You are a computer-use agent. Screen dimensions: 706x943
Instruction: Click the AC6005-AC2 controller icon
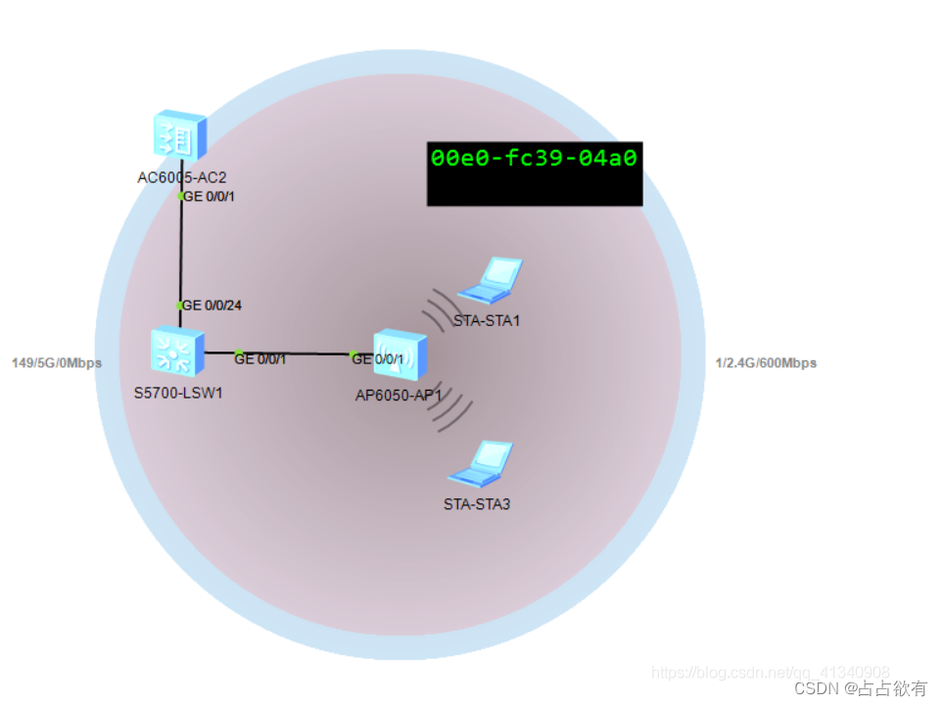pyautogui.click(x=180, y=134)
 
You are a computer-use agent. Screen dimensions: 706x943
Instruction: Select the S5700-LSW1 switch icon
pyautogui.click(x=177, y=352)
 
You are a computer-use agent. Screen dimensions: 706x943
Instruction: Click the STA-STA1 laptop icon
pyautogui.click(x=491, y=279)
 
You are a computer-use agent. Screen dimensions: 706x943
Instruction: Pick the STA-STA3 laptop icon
pyautogui.click(x=481, y=463)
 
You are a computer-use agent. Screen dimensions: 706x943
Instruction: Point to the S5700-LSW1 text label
pyautogui.click(x=177, y=393)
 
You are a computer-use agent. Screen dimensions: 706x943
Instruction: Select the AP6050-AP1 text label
pyautogui.click(x=399, y=396)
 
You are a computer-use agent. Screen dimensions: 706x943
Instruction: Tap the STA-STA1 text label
pyautogui.click(x=487, y=320)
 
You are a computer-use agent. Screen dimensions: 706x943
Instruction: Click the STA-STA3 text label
pyautogui.click(x=477, y=504)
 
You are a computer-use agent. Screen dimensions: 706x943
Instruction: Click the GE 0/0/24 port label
pyautogui.click(x=212, y=306)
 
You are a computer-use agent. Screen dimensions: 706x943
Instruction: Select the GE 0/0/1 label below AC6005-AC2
pyautogui.click(x=210, y=196)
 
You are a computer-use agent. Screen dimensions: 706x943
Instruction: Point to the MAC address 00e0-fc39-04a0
pyautogui.click(x=535, y=158)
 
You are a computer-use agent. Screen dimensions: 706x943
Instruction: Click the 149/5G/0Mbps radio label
pyautogui.click(x=57, y=363)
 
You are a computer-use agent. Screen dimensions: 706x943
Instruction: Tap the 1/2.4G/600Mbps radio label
pyautogui.click(x=766, y=363)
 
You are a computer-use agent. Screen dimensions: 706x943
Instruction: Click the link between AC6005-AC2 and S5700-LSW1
pyautogui.click(x=181, y=250)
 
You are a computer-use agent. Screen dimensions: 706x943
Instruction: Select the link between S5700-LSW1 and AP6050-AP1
pyautogui.click(x=294, y=353)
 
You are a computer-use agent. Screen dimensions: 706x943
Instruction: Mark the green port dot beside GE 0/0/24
pyautogui.click(x=180, y=306)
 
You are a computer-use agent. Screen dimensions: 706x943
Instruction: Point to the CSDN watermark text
pyautogui.click(x=861, y=688)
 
